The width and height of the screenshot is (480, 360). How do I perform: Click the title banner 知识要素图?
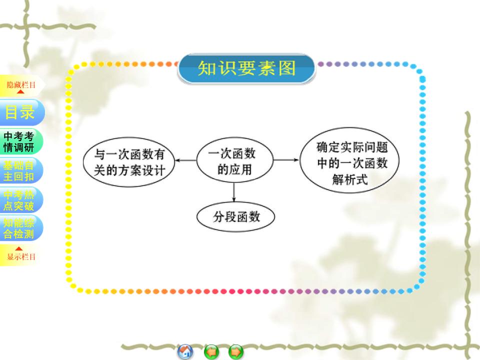click(x=246, y=68)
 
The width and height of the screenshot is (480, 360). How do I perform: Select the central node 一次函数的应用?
click(x=234, y=161)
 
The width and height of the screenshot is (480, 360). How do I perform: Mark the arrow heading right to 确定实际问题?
click(x=286, y=160)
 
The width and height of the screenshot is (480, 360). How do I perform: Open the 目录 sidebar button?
click(x=20, y=112)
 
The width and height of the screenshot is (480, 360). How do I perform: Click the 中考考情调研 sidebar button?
click(x=20, y=142)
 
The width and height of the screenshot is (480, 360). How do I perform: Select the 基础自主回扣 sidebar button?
click(x=20, y=170)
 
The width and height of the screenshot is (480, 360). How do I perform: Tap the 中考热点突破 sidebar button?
click(x=20, y=199)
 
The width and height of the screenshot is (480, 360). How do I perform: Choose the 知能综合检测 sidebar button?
click(x=20, y=228)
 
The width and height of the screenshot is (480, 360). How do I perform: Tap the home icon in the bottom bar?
click(x=185, y=352)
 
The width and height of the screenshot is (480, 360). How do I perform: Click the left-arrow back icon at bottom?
click(x=211, y=352)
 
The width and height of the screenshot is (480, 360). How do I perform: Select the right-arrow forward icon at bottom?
click(x=236, y=352)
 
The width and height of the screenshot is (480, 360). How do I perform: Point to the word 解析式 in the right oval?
click(x=349, y=179)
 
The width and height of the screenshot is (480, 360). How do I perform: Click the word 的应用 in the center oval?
click(x=234, y=169)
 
